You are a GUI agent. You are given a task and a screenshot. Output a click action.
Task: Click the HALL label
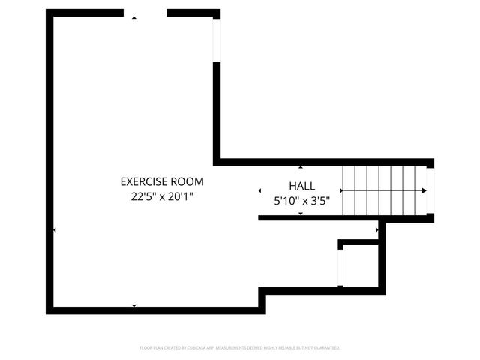click(x=302, y=186)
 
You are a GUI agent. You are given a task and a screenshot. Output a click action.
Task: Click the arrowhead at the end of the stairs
click(x=424, y=191)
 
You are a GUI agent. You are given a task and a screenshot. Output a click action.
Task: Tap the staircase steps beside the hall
click(x=382, y=190)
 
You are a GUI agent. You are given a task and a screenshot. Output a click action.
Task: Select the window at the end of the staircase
click(x=430, y=190)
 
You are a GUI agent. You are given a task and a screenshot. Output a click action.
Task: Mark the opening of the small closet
click(x=340, y=267)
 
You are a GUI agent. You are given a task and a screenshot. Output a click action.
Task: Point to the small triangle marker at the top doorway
click(x=134, y=17)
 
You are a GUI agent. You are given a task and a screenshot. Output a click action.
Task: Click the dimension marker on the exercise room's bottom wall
click(x=134, y=305)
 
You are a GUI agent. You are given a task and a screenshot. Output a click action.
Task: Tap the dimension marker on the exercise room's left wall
click(x=54, y=230)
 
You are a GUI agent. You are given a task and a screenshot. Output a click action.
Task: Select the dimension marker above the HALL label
click(x=301, y=167)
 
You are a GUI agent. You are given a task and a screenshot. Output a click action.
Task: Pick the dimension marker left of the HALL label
click(x=260, y=191)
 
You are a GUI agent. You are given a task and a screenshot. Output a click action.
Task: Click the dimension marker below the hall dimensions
click(x=301, y=214)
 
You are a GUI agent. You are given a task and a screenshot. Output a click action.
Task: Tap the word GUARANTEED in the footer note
click(x=324, y=348)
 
